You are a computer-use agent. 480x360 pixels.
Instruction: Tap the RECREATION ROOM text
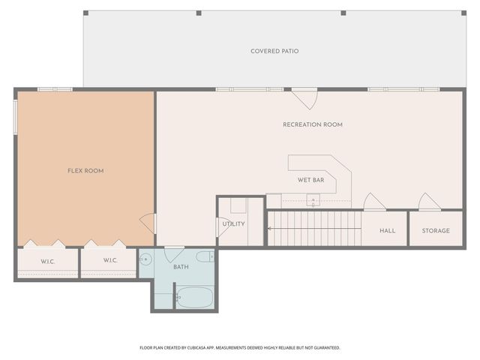coord(312,124)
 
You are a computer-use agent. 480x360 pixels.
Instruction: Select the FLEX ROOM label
coord(85,171)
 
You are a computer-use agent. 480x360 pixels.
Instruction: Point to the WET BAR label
coord(310,180)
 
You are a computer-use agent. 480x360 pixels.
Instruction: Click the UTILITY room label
coord(232,223)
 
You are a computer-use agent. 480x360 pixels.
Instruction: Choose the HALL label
coord(387,230)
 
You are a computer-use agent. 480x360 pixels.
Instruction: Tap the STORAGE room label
coord(436,230)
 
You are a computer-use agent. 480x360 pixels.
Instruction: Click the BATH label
coord(181,267)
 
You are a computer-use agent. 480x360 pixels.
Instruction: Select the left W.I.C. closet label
coord(48,260)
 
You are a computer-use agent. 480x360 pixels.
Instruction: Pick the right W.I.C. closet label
coord(110,260)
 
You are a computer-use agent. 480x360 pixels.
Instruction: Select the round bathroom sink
coord(146,259)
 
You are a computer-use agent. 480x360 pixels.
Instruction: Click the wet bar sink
coord(313,199)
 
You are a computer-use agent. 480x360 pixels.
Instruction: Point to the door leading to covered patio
coord(304,97)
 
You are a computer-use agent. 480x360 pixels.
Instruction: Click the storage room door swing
coord(428,202)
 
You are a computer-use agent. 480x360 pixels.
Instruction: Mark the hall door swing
coord(373,202)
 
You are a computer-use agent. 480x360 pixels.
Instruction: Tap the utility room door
coord(220,225)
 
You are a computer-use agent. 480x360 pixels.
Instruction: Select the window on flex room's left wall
coord(16,118)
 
